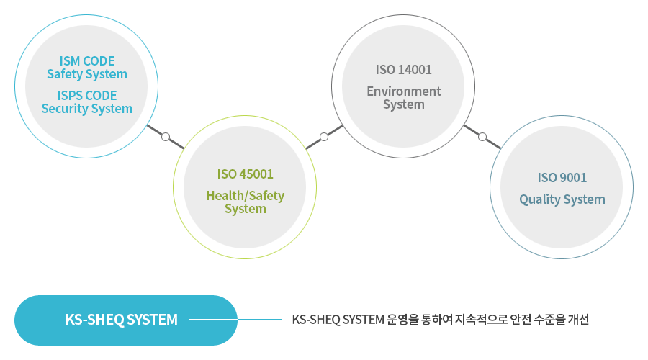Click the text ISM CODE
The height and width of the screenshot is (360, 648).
86,60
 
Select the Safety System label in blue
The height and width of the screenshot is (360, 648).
86,74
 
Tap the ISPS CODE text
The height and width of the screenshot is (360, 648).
86,95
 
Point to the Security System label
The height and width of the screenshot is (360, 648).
86,109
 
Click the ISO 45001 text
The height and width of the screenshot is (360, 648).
245,174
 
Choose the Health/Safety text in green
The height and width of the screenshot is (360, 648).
245,195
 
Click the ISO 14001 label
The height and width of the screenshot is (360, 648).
403,70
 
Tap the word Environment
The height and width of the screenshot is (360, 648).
403,91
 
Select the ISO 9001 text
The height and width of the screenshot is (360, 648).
562,178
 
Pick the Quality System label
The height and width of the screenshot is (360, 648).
562,199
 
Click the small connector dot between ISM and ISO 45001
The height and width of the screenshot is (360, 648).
166,136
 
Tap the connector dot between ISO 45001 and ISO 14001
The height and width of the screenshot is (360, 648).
324,136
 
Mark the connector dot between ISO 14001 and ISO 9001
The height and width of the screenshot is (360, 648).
482,136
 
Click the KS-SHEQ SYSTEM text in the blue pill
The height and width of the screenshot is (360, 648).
121,320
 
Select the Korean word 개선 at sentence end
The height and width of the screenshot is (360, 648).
579,320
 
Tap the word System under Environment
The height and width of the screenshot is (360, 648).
403,104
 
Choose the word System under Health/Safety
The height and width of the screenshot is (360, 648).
245,209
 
